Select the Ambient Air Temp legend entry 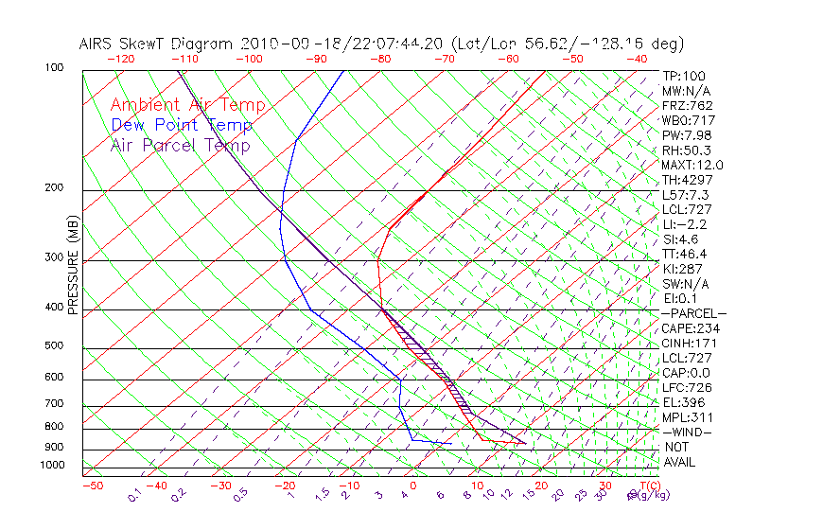(187, 105)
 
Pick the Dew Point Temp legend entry (182, 125)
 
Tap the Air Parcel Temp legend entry (180, 145)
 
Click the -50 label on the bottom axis (92, 486)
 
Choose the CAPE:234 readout (687, 328)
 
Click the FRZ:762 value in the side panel (687, 106)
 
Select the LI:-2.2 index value (685, 224)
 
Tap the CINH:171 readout (687, 343)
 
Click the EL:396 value (684, 402)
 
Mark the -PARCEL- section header (693, 313)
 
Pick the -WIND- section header (687, 432)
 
